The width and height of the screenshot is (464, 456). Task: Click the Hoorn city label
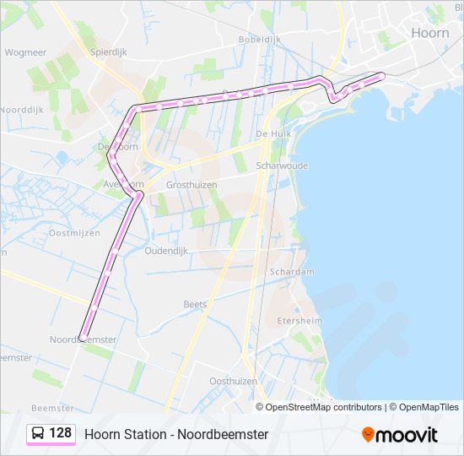[429, 32]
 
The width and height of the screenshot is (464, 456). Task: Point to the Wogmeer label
[25, 52]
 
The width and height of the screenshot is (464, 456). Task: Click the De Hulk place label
[272, 133]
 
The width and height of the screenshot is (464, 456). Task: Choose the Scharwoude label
[282, 166]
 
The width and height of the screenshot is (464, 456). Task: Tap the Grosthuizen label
[192, 185]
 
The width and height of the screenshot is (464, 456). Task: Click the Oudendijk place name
[170, 251]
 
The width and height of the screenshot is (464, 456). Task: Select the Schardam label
[292, 272]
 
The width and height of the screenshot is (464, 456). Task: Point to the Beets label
[195, 304]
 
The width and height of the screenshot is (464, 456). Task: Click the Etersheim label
[299, 321]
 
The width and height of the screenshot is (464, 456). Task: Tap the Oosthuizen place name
[233, 381]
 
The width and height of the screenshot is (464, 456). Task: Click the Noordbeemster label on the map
[83, 339]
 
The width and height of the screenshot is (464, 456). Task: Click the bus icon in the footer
[39, 433]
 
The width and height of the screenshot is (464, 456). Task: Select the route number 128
[61, 433]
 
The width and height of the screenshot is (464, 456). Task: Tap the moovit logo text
[407, 435]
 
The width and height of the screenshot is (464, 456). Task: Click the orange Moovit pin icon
[368, 435]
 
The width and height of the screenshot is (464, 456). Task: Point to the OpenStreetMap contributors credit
[324, 407]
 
